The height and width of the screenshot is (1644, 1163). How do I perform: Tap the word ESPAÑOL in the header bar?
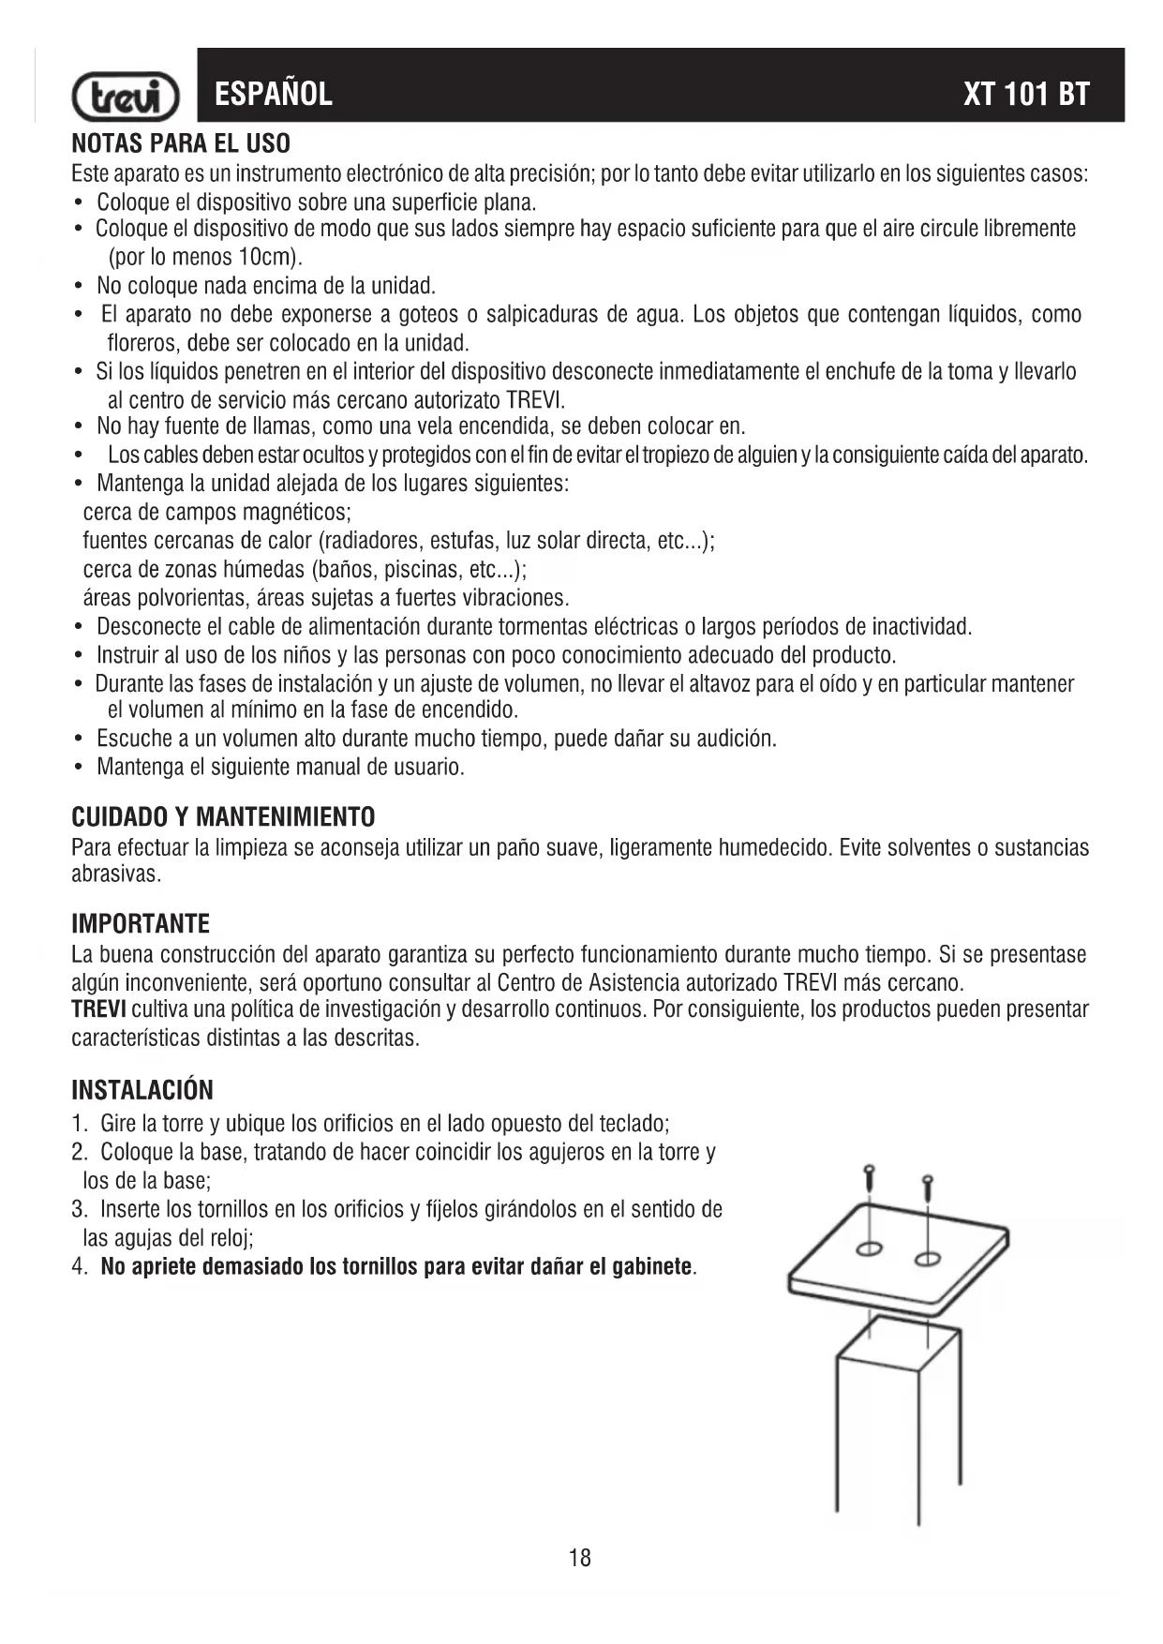273,94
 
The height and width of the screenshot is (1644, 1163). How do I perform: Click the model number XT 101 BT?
1026,94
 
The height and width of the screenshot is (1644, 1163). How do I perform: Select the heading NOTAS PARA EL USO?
181,144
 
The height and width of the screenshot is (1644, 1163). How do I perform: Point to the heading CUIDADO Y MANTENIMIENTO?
223,817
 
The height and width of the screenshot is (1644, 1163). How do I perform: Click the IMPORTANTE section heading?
141,924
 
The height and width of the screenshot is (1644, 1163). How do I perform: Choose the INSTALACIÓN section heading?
142,1090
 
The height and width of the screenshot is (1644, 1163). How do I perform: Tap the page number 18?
580,1559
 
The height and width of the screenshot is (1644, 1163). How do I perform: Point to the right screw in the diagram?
928,1186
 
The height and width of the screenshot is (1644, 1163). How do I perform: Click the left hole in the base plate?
870,1248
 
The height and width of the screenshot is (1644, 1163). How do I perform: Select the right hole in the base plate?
928,1258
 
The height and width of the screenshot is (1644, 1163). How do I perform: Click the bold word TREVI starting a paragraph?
99,1009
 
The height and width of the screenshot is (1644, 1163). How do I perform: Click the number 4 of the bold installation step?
78,1267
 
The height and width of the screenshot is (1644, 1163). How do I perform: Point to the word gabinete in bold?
651,1267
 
